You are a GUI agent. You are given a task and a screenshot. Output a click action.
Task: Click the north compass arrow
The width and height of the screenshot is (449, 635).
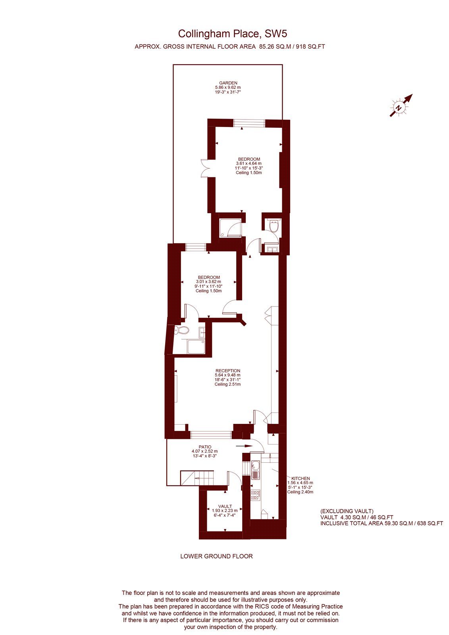point(401,106)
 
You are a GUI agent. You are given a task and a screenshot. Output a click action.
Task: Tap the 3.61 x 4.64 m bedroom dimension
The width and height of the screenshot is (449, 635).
point(249,163)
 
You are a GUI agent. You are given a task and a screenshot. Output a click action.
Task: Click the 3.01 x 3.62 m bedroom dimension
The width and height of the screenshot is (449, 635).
point(208,282)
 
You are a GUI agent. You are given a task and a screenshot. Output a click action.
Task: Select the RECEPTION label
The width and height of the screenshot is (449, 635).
point(227,371)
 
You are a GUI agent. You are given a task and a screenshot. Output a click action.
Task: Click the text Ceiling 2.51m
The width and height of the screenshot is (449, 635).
point(227,384)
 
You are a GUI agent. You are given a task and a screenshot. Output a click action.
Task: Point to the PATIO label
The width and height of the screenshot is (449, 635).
point(205,446)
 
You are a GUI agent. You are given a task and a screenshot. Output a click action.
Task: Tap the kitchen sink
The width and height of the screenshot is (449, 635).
point(255,470)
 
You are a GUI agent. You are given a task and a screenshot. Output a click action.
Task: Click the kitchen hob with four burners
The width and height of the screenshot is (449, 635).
point(255,495)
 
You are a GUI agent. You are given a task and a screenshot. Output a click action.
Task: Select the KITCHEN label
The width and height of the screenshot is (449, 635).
point(301,478)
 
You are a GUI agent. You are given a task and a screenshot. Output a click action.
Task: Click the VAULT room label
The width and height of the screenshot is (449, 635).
point(225,506)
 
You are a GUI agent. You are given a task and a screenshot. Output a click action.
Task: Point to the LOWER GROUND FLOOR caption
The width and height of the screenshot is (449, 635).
point(216,556)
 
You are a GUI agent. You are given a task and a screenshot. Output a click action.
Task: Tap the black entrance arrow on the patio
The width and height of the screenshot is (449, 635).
point(243,446)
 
